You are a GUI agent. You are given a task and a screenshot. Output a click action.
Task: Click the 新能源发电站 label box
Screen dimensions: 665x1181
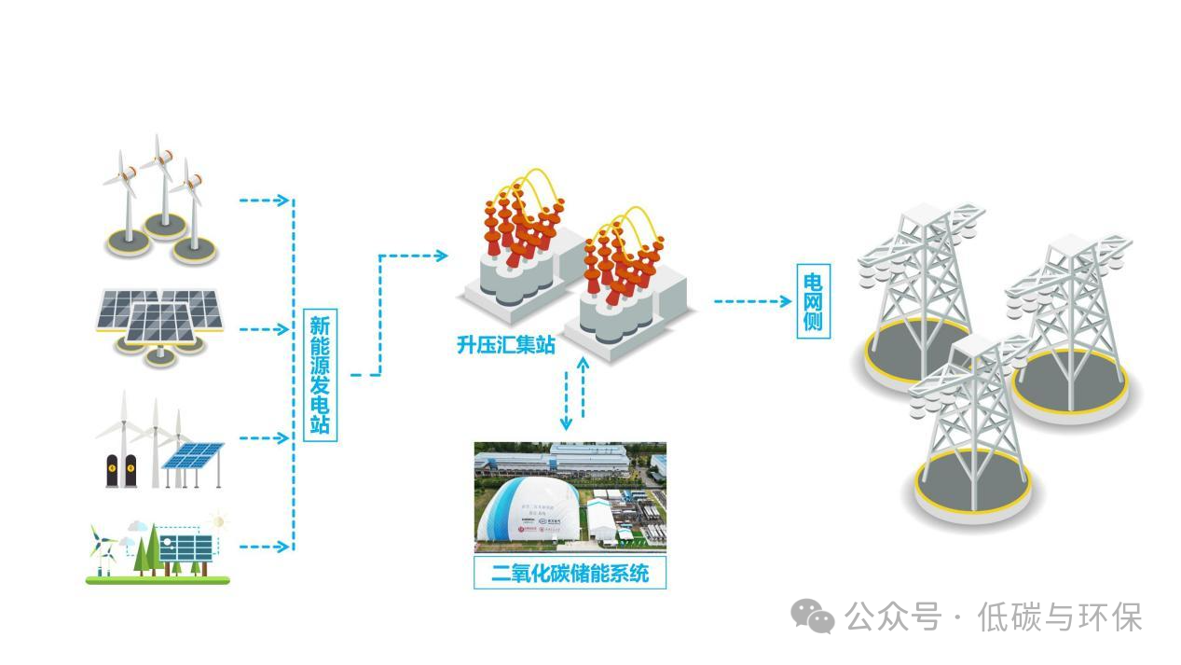coord(320,375)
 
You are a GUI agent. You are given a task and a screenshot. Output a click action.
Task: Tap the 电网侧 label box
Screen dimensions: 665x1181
coord(812,302)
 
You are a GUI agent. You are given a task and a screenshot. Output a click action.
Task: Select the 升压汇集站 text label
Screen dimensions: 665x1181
coord(506,345)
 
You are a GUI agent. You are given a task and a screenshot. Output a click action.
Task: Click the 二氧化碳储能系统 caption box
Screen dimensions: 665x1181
coord(570,573)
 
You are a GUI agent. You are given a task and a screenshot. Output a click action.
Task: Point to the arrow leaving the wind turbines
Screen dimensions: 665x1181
coord(265,200)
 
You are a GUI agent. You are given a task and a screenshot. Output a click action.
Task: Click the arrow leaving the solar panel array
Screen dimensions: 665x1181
coord(265,329)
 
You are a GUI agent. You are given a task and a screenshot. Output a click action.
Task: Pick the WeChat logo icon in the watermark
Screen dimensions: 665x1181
coord(813,617)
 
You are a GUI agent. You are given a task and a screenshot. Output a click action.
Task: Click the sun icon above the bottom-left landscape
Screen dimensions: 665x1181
coord(219,520)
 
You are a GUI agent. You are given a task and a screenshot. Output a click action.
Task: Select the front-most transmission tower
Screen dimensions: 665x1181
coord(969,429)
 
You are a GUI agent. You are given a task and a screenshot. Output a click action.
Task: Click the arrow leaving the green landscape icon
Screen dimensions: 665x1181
coord(265,547)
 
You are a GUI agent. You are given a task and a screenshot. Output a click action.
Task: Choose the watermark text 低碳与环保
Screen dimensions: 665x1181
coord(1059,617)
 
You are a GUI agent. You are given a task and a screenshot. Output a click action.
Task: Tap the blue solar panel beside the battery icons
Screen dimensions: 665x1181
coord(193,456)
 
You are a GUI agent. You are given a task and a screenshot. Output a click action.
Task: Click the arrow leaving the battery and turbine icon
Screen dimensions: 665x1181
coord(265,437)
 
